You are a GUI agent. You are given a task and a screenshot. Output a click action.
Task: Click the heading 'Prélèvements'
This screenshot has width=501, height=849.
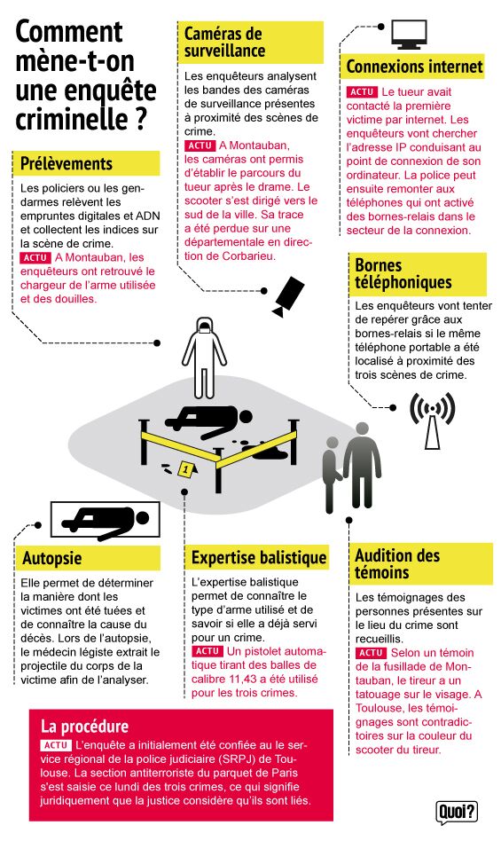tap(66, 163)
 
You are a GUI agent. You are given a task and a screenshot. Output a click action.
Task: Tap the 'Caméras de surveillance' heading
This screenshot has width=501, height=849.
tap(224, 43)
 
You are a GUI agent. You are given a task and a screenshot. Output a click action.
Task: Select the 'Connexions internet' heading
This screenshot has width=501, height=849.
tap(414, 67)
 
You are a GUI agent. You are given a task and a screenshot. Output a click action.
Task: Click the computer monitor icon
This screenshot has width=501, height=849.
tap(409, 35)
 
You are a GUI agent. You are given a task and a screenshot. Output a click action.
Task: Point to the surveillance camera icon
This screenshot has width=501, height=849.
tap(288, 296)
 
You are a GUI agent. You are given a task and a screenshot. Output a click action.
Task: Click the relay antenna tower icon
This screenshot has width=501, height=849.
tap(433, 421)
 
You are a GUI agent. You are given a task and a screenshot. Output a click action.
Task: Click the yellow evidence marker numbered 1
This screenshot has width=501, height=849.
tap(185, 469)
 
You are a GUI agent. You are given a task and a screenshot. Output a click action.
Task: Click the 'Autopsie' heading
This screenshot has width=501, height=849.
tap(52, 558)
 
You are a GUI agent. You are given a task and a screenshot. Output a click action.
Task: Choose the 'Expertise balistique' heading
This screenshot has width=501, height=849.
tap(259, 558)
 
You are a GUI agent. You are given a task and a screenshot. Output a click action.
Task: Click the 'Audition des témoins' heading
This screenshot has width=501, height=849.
tap(397, 563)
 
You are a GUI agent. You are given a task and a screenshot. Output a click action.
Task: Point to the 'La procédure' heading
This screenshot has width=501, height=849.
tap(84, 726)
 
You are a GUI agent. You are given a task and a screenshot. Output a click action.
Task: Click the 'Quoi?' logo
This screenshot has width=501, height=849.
tap(457, 812)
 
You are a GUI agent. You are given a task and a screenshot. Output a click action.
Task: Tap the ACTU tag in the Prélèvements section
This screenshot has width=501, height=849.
tap(35, 258)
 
